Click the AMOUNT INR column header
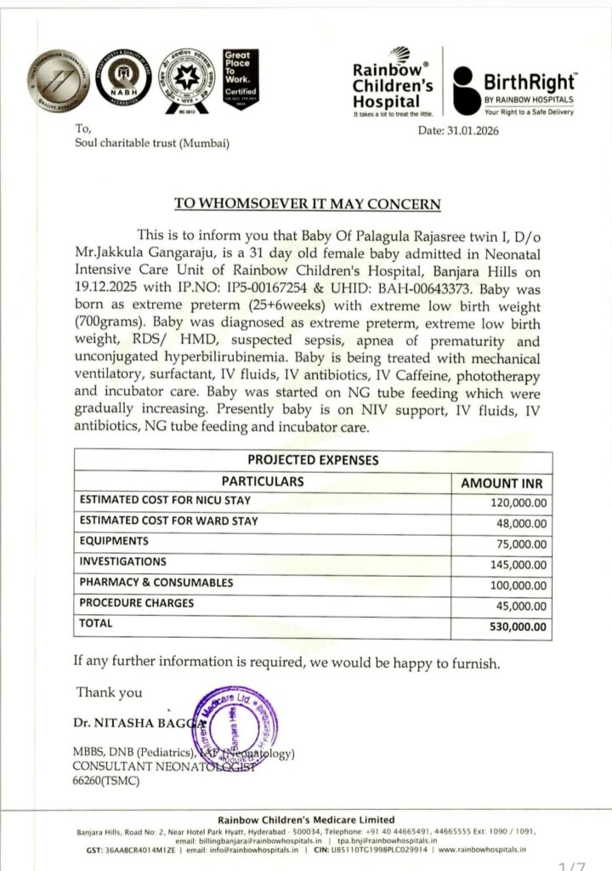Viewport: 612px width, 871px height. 506,482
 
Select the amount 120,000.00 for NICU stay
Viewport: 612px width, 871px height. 519,502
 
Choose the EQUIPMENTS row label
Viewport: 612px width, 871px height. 113,541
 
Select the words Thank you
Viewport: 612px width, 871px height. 110,692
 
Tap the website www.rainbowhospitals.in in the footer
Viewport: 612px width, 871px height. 480,849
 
